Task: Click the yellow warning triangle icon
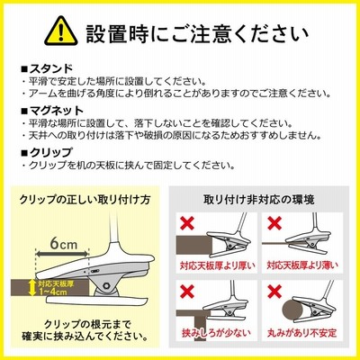[x=61, y=31]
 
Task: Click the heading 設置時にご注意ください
[x=197, y=32]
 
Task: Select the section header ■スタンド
[x=47, y=68]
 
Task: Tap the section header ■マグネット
[x=52, y=111]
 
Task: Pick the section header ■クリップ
[x=47, y=152]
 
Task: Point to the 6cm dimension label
[x=64, y=243]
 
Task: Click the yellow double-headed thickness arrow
[x=31, y=287]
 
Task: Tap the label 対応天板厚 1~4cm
[x=56, y=288]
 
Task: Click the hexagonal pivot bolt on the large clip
[x=106, y=284]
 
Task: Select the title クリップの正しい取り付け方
[x=85, y=200]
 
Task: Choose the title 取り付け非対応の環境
[x=259, y=200]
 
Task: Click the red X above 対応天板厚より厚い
[x=187, y=222]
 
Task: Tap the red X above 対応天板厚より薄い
[x=274, y=222]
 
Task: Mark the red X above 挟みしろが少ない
[x=187, y=292]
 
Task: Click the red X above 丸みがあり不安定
[x=274, y=292]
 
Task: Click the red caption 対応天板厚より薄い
[x=302, y=265]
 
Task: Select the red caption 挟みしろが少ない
[x=216, y=333]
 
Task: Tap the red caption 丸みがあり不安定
[x=302, y=333]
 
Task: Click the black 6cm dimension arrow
[x=63, y=254]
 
